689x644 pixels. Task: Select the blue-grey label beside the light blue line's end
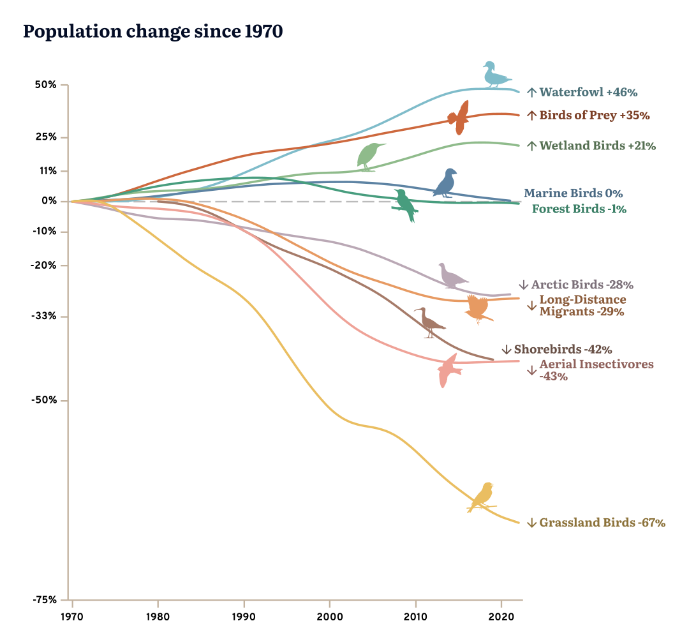[582, 97]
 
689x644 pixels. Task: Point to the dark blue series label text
[571, 193]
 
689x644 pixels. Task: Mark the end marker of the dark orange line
[454, 118]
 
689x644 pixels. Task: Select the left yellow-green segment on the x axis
[287, 604]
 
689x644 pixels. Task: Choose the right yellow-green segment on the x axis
[372, 604]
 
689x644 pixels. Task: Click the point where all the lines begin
[73, 201]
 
